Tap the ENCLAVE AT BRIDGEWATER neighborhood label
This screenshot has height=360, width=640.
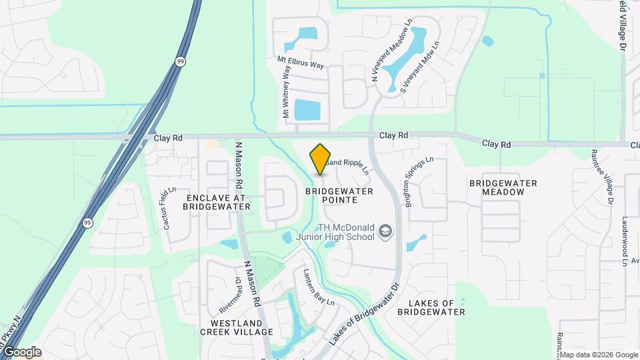217,203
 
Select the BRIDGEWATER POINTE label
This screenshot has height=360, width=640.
339,195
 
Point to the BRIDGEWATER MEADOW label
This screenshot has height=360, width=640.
503,187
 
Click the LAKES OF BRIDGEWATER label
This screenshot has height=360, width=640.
431,307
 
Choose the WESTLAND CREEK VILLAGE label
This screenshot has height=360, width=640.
237,327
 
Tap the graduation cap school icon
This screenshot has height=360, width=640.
385,231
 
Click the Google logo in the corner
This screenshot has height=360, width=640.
21,351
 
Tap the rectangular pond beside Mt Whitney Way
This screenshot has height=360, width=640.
307,110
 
